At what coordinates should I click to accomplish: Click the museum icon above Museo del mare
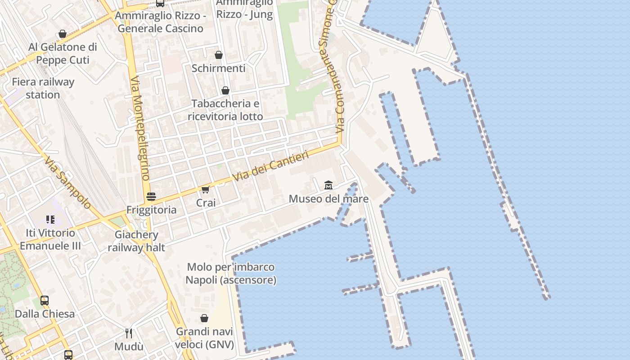click(x=328, y=185)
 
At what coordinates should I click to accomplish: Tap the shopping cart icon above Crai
click(x=206, y=189)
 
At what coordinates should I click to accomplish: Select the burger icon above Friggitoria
click(x=151, y=196)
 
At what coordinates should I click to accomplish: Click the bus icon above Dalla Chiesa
click(x=45, y=300)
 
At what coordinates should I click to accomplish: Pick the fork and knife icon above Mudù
click(x=129, y=333)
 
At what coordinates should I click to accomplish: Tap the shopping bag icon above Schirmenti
click(x=219, y=55)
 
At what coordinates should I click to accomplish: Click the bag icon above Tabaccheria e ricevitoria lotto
click(x=225, y=90)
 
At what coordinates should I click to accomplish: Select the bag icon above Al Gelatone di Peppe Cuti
click(x=63, y=34)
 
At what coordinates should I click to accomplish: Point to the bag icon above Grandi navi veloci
click(x=204, y=318)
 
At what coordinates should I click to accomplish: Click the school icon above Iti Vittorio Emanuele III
click(x=50, y=220)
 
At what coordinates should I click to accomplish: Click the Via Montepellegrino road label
click(x=139, y=128)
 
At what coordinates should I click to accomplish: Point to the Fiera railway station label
click(x=43, y=88)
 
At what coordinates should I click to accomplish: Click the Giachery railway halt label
click(x=136, y=241)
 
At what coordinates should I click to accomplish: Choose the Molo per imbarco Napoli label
click(x=231, y=274)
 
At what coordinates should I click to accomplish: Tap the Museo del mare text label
click(x=328, y=199)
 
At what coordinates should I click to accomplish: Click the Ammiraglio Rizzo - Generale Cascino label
click(x=160, y=22)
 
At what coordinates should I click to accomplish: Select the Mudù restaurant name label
click(x=129, y=346)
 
